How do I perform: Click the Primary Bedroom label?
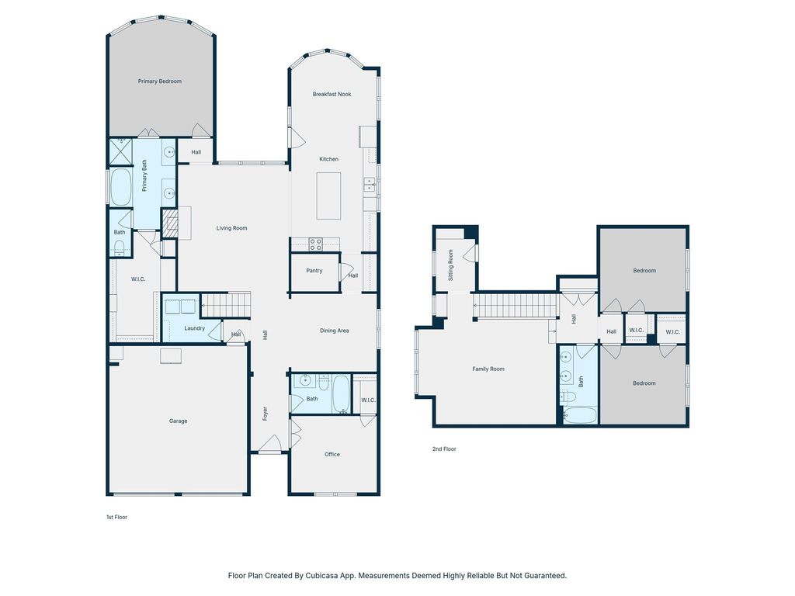(x=160, y=81)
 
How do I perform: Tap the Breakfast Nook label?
(x=332, y=94)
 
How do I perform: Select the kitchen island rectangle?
(x=328, y=196)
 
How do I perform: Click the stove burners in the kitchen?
(x=315, y=244)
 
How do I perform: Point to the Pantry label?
(x=314, y=271)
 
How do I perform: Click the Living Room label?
(x=231, y=228)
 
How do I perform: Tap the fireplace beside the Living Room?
(x=171, y=223)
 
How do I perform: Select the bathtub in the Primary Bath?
(x=120, y=187)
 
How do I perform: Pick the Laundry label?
(x=195, y=328)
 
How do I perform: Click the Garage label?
(x=178, y=421)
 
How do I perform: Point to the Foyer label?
(x=265, y=414)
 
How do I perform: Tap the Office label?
(x=332, y=455)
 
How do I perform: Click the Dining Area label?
(x=334, y=331)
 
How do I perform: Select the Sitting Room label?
(x=451, y=265)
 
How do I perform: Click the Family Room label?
(x=488, y=369)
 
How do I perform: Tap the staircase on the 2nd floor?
(x=516, y=306)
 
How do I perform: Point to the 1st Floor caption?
(x=116, y=517)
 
